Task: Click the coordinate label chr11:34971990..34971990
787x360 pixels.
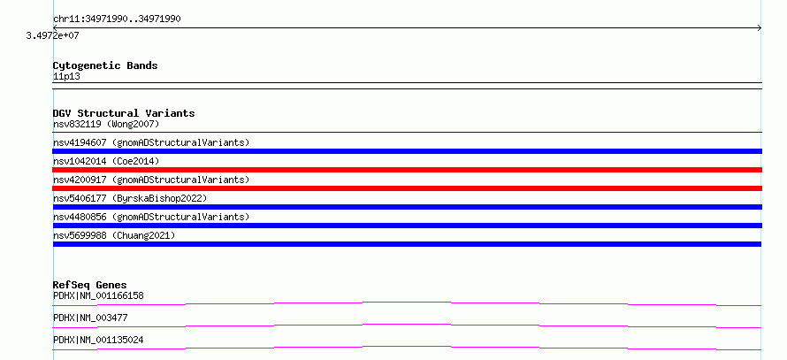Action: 117,19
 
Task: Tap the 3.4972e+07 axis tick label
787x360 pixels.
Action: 53,35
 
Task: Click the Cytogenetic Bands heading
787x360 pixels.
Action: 105,65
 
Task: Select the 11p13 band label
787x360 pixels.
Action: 66,77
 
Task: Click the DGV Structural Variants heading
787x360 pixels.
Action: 124,113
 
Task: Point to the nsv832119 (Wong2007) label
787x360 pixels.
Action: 106,124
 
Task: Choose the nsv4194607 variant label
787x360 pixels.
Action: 151,142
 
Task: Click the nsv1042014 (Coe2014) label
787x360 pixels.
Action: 106,161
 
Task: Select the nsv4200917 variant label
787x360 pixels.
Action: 151,180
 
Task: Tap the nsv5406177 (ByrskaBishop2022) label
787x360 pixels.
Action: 130,198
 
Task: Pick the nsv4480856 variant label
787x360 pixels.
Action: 151,217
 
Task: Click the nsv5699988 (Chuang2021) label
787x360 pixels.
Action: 114,235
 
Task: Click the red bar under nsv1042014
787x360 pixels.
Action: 407,170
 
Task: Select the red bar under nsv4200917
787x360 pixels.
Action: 407,188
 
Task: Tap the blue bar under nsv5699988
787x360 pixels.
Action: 407,244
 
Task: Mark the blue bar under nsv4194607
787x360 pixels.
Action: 407,151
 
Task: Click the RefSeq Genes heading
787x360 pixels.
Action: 90,285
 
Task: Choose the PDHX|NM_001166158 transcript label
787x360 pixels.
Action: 98,295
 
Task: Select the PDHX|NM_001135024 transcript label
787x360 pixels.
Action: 98,340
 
